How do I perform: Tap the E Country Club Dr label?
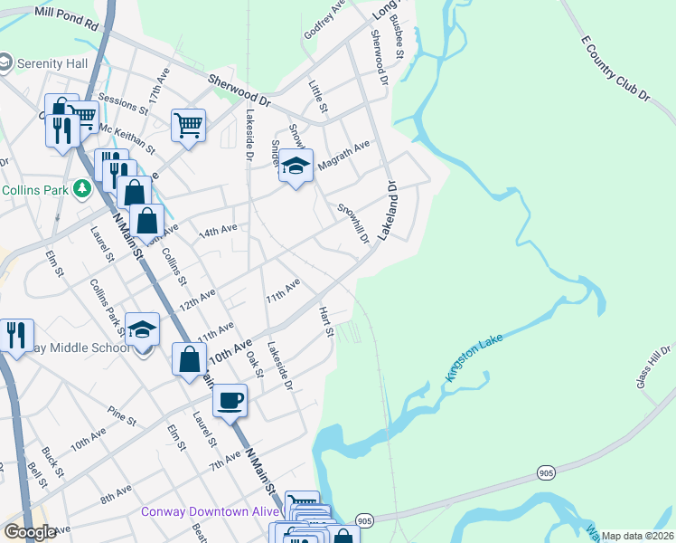(616, 69)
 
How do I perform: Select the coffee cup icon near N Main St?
(230, 399)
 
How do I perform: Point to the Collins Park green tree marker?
(82, 189)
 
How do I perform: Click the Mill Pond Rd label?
(64, 14)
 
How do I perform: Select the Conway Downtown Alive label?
(210, 511)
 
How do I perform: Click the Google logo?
(30, 531)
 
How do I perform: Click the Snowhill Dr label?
(353, 223)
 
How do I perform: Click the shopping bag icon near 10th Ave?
(189, 358)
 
